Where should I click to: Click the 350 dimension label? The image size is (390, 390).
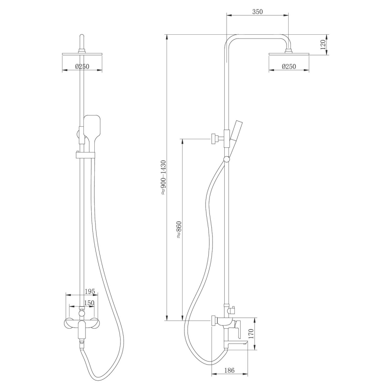257,11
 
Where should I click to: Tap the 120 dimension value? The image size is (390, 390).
323,45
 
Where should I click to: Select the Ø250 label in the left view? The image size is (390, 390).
82,67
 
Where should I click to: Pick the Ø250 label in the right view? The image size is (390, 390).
289,67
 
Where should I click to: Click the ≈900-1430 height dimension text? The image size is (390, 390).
163,177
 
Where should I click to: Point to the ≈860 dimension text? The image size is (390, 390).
179,230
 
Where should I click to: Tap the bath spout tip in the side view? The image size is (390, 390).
245,342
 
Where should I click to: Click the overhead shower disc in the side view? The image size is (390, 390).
289,54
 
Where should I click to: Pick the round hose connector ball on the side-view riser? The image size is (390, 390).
226,159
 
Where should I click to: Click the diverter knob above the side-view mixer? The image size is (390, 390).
231,311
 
